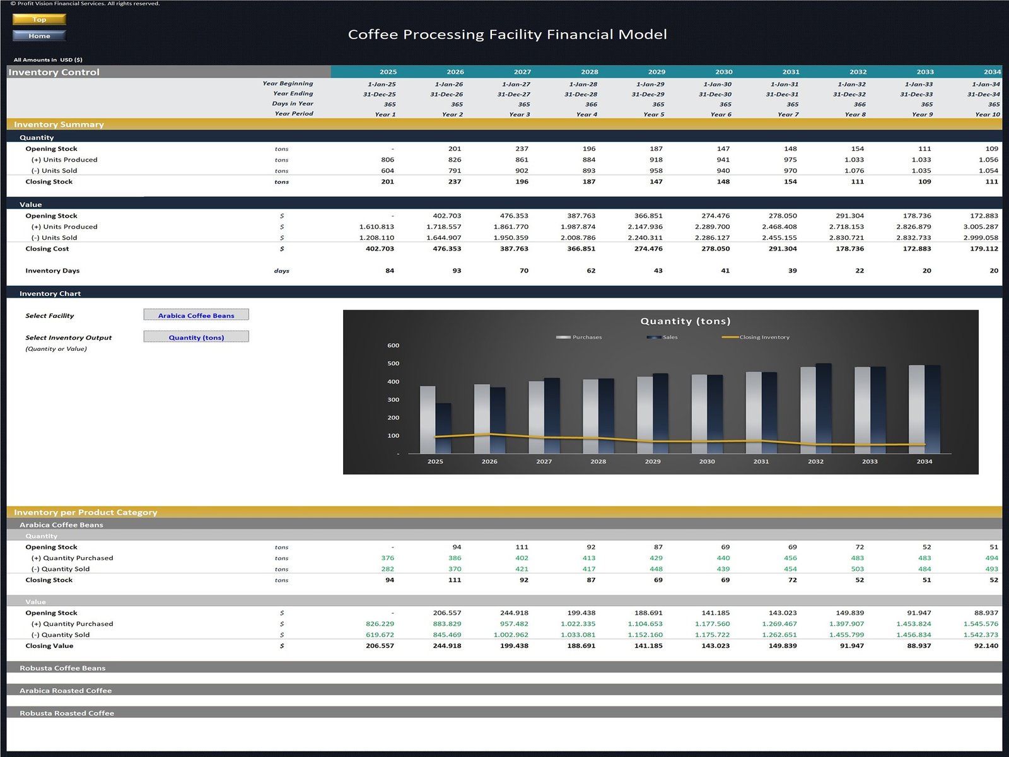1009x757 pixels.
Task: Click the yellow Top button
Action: [39, 20]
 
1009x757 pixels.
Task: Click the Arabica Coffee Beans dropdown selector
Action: [196, 315]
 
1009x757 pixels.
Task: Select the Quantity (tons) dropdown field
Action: [196, 337]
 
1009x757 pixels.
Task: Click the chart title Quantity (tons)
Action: [685, 321]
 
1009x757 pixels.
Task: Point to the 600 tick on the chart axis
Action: [393, 346]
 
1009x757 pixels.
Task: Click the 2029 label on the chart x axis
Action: [653, 462]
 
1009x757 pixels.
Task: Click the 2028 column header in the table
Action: [590, 72]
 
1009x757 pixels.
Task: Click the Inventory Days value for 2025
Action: [390, 271]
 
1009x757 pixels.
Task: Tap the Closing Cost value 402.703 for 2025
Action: [380, 249]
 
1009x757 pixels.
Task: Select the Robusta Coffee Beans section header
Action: [62, 668]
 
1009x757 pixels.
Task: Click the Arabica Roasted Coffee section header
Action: [66, 691]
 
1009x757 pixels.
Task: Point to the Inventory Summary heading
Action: [59, 125]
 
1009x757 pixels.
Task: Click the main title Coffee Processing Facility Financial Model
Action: [507, 35]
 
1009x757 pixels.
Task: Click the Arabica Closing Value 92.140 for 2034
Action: [986, 646]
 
